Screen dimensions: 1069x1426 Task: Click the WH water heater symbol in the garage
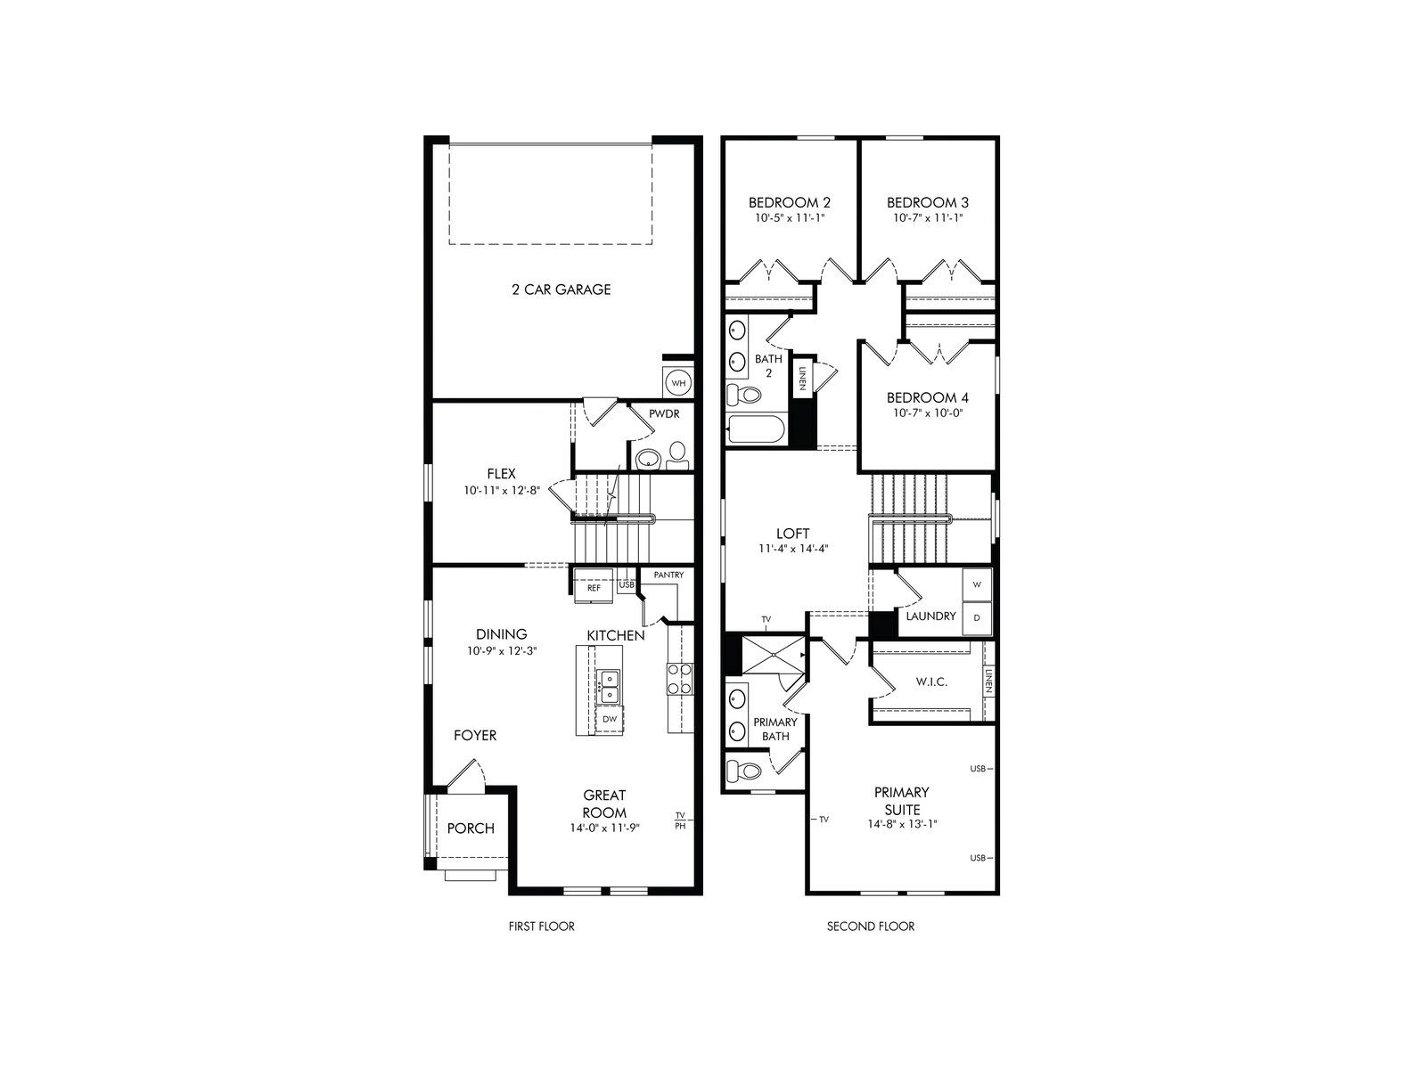click(678, 382)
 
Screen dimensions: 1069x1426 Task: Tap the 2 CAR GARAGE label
click(561, 290)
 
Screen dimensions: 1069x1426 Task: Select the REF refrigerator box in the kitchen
click(593, 588)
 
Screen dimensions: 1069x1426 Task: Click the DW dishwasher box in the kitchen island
click(610, 719)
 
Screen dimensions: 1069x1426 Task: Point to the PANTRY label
click(668, 575)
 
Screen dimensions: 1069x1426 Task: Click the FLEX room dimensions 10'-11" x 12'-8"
click(501, 490)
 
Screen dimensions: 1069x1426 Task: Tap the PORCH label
click(471, 828)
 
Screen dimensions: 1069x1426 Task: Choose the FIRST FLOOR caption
click(541, 926)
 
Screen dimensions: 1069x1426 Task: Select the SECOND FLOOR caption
click(870, 926)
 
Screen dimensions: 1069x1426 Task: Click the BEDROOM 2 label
click(790, 202)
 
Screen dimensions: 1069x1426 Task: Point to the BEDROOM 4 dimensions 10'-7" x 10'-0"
click(927, 412)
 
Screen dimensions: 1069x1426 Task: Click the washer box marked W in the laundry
click(977, 584)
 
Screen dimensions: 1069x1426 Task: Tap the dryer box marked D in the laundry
click(977, 617)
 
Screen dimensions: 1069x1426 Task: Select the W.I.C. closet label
click(930, 681)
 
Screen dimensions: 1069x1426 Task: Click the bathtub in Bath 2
click(755, 432)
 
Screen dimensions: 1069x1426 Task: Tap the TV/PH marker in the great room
click(680, 820)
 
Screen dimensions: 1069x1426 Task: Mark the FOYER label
click(475, 736)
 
